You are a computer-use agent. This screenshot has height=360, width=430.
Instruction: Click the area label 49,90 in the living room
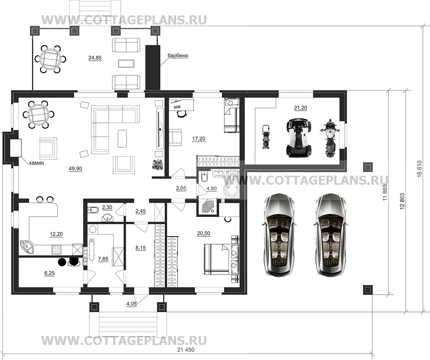tap(75, 169)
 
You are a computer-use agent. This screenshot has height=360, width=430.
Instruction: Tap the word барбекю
tap(178, 56)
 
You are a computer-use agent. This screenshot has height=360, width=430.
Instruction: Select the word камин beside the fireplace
tap(37, 163)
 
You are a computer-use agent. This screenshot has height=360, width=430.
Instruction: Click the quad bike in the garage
tap(299, 138)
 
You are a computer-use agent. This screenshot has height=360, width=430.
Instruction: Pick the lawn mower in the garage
tap(266, 137)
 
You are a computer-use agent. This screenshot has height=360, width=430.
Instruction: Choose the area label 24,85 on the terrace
tap(95, 58)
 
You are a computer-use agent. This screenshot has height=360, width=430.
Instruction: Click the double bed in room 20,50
tap(221, 259)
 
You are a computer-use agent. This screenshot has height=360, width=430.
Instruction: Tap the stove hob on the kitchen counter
tap(56, 250)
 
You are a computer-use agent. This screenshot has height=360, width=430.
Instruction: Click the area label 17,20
tap(199, 139)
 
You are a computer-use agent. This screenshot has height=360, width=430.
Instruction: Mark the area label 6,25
tap(49, 273)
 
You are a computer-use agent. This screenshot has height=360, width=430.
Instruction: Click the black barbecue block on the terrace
tap(153, 67)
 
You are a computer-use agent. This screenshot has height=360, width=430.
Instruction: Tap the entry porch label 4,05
tap(131, 303)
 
